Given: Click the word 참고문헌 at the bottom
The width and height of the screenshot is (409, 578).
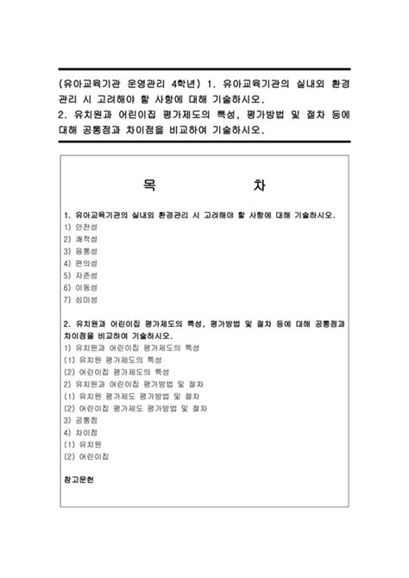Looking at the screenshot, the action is click(82, 477).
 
